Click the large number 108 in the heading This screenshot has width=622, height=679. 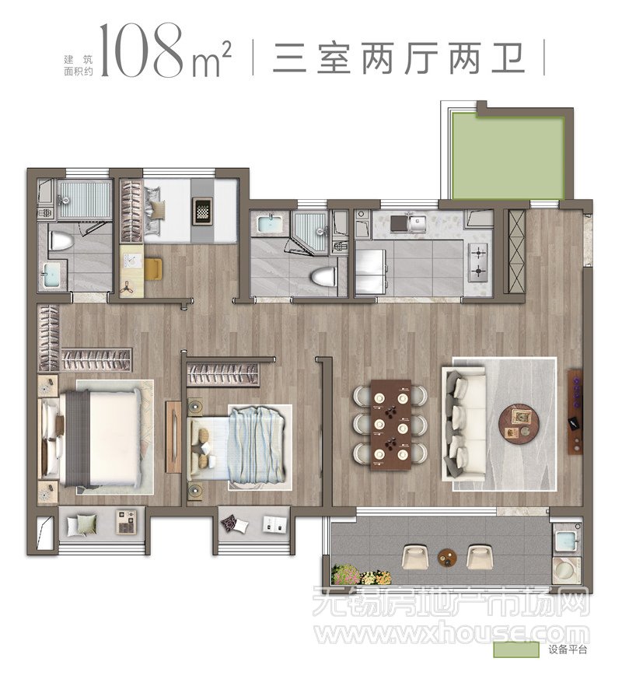pos(142,51)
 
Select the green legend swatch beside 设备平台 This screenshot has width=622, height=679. pos(516,650)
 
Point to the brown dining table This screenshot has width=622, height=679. pos(391,425)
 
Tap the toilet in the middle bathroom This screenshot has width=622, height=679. pos(323,276)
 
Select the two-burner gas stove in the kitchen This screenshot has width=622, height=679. pos(478,261)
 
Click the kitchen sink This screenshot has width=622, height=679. pos(415,222)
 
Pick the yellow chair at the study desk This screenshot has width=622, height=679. pos(153,268)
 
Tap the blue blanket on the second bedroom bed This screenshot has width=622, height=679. pos(257,447)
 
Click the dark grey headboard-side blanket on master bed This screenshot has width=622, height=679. pos(78,438)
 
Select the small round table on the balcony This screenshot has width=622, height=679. pos(446,558)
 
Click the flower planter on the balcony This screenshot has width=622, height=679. pos(362,575)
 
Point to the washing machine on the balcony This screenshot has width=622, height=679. pos(565,570)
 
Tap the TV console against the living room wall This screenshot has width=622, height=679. pos(575,411)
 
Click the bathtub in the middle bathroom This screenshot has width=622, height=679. pos(270,224)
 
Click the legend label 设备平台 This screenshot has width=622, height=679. pos(568,650)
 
